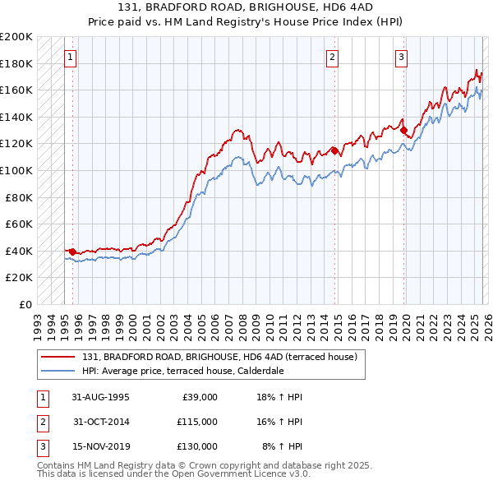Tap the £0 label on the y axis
(x=25, y=304)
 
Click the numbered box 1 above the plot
(x=70, y=58)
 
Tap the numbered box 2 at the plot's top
(x=332, y=58)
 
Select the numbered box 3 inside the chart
(x=401, y=58)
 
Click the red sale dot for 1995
(x=73, y=252)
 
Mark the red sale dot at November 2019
(x=403, y=130)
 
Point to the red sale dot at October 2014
(x=334, y=150)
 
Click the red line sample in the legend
(x=58, y=358)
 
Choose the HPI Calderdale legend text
(x=182, y=371)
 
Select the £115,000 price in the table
(x=197, y=422)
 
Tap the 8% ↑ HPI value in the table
(x=282, y=446)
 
